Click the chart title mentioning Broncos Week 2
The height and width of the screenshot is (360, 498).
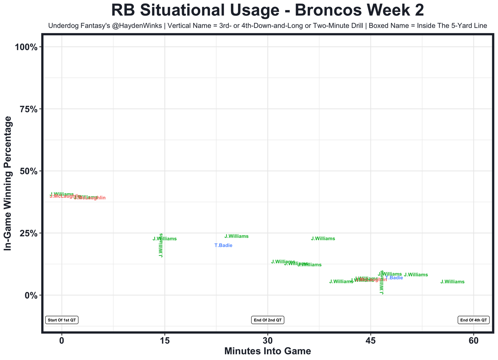(x=268, y=10)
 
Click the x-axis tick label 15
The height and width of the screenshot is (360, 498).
(x=165, y=341)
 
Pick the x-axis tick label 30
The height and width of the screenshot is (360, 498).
(x=268, y=341)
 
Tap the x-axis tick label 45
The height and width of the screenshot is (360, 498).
(x=371, y=341)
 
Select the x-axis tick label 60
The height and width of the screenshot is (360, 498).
(x=473, y=341)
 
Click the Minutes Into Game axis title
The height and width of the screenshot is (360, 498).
(x=268, y=351)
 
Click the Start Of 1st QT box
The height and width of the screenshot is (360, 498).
(x=62, y=320)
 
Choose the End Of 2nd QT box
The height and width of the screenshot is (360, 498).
(x=268, y=320)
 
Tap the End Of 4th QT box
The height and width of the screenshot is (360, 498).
(x=473, y=320)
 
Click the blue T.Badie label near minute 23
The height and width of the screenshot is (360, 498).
(x=223, y=245)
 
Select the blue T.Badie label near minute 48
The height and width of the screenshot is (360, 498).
(x=394, y=278)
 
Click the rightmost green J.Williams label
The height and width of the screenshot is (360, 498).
(x=452, y=282)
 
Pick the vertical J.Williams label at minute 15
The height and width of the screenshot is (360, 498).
(x=161, y=245)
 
